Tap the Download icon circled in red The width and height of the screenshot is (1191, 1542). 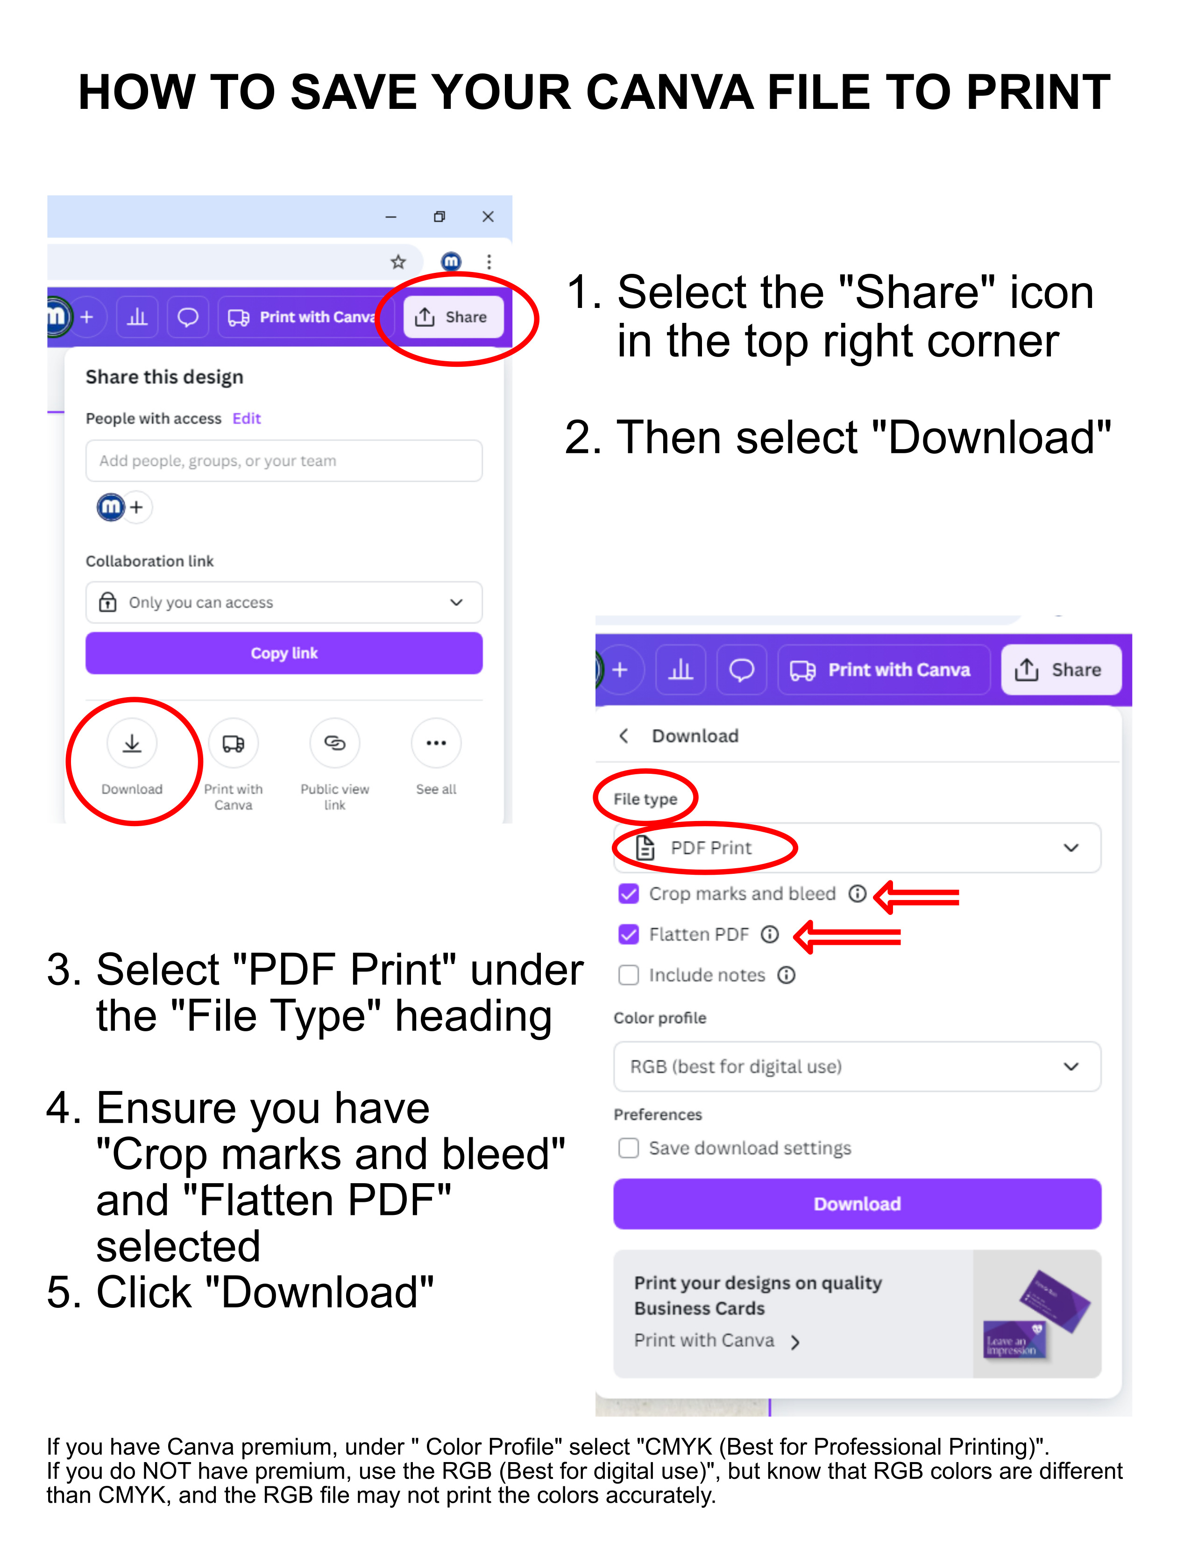(132, 743)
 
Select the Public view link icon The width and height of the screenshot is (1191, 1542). (334, 743)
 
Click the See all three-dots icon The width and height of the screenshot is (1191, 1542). (436, 743)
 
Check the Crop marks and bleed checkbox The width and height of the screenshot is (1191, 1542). (628, 894)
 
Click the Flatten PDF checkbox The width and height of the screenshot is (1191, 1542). (628, 935)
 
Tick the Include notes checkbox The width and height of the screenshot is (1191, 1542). (628, 976)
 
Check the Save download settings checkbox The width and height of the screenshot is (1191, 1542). (628, 1149)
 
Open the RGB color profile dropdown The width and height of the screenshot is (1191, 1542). (857, 1067)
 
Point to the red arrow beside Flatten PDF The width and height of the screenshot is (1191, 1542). (847, 937)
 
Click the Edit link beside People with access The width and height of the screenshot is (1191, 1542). (246, 419)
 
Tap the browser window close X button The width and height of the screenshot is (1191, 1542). (488, 217)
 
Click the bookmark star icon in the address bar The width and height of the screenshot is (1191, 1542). (398, 263)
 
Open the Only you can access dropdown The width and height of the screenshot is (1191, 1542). (284, 603)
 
